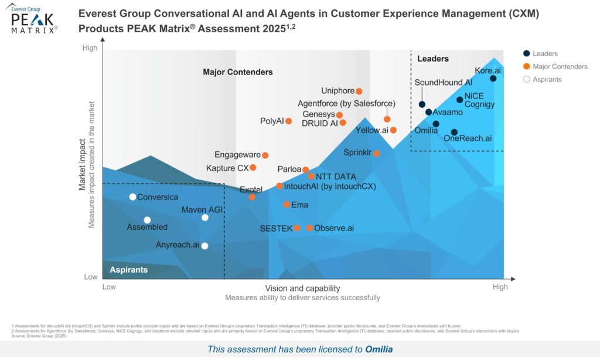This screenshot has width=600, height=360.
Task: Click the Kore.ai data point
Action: coord(493,79)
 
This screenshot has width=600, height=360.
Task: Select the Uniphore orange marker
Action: coord(359,91)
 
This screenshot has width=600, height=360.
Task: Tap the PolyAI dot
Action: coord(288,121)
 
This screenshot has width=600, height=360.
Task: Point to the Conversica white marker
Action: coord(133,197)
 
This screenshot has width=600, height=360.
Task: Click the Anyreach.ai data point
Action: coord(204,246)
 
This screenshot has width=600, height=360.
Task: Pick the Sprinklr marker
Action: coord(377,154)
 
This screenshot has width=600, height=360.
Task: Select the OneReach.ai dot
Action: coord(454,133)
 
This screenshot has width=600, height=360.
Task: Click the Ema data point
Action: coord(287,205)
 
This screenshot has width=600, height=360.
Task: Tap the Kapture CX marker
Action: coord(253,168)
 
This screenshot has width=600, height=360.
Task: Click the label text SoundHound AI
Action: coord(444,83)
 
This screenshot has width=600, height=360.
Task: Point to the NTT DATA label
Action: coord(336,176)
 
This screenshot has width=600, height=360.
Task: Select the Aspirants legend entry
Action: coord(547,80)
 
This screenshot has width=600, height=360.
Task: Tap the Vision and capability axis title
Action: coord(302,288)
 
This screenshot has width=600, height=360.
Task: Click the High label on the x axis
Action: coord(500,287)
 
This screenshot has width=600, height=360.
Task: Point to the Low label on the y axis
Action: coord(91,277)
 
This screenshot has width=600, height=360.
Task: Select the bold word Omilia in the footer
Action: coord(379,349)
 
